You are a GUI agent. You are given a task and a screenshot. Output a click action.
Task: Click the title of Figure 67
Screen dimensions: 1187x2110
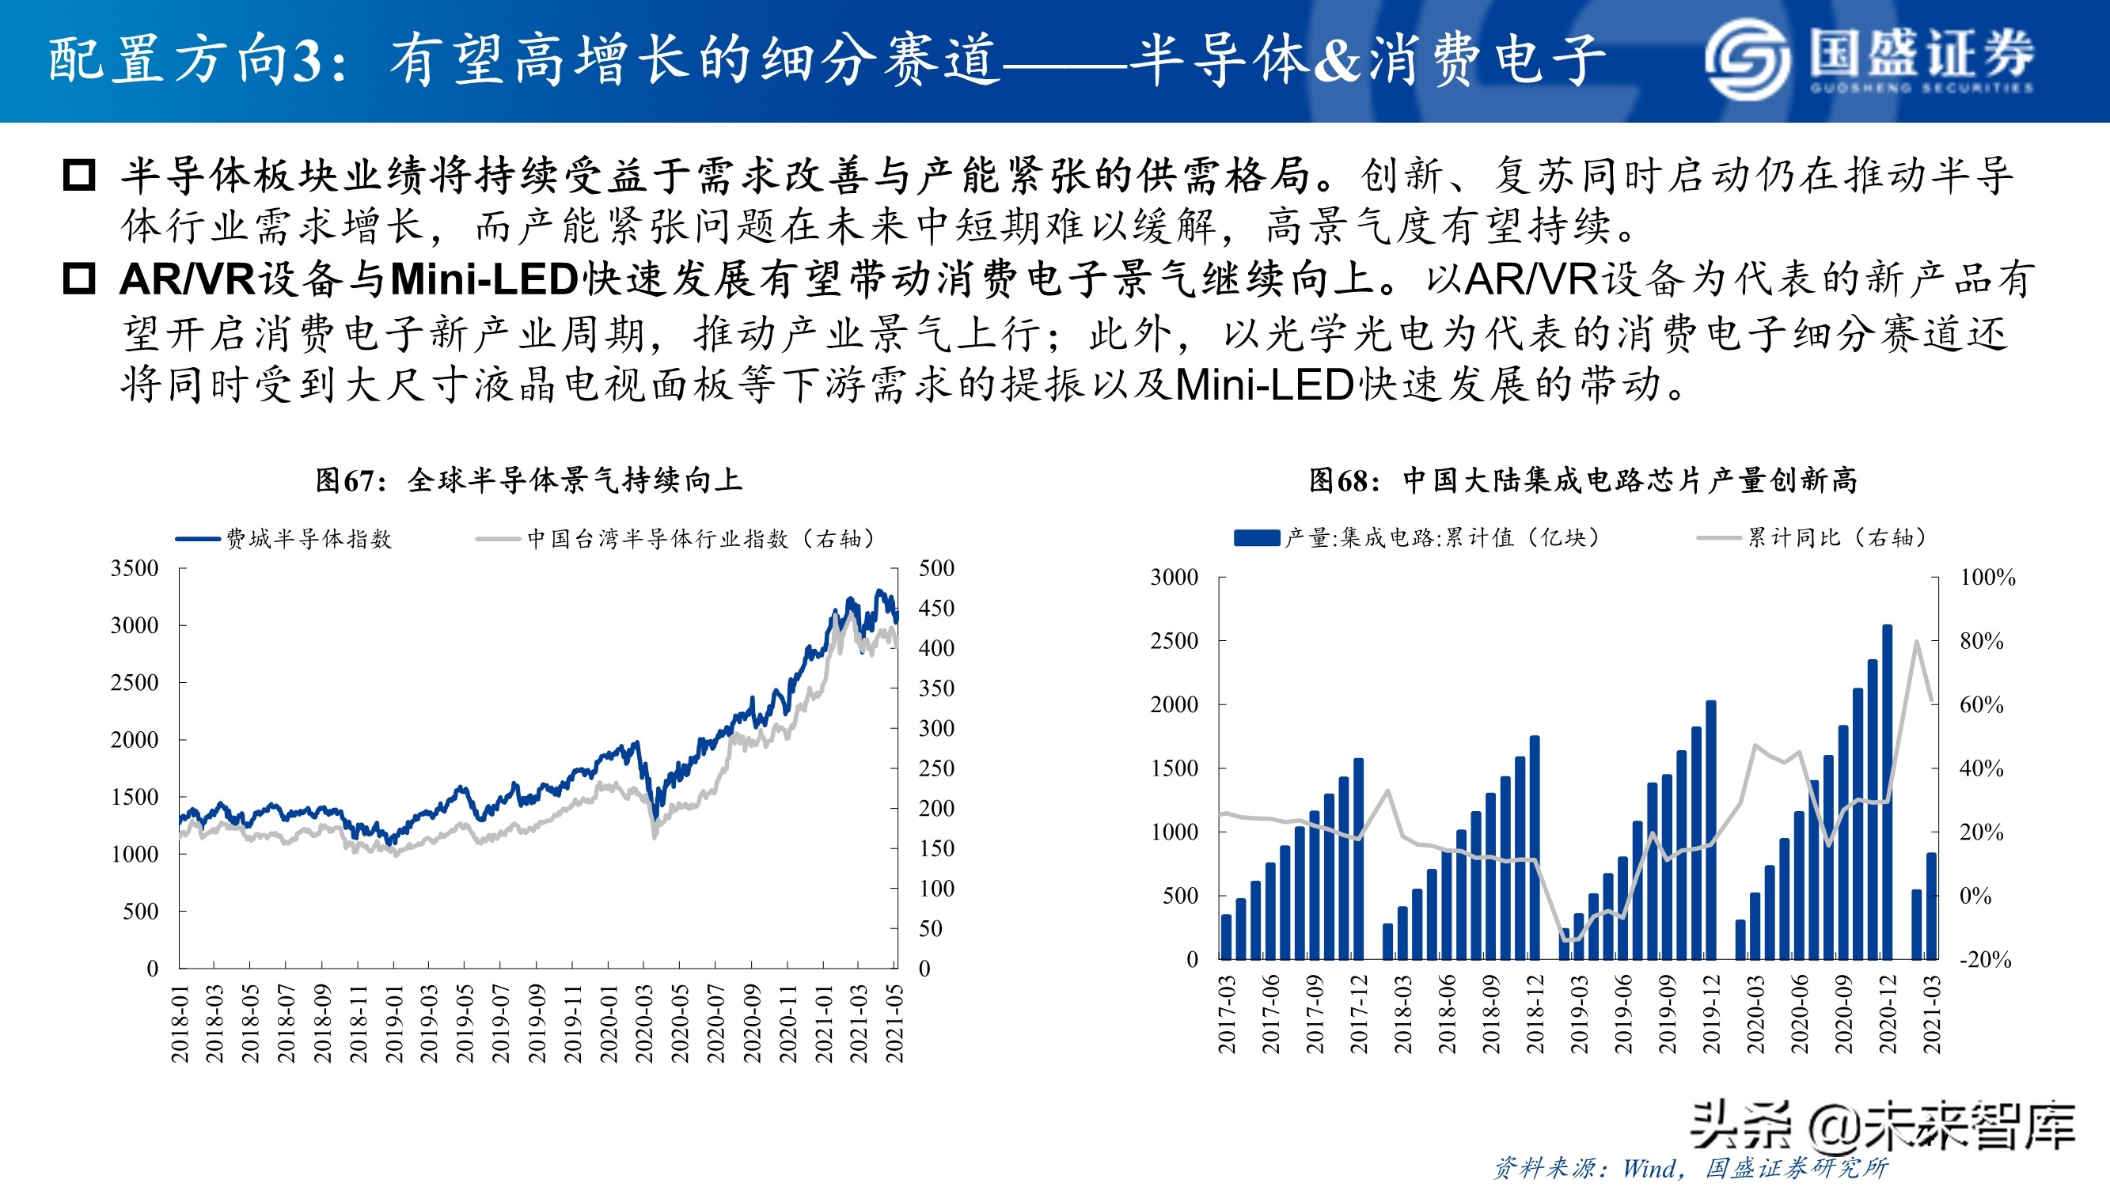click(x=529, y=480)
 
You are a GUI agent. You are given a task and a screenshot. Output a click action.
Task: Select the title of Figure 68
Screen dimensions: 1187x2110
click(x=1583, y=480)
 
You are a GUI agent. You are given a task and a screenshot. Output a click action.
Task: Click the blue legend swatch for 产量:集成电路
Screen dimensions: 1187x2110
click(x=1257, y=538)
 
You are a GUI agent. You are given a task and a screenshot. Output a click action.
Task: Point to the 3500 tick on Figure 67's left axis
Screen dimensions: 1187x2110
click(x=135, y=568)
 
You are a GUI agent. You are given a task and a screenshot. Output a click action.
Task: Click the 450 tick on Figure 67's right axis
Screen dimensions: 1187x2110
click(x=936, y=609)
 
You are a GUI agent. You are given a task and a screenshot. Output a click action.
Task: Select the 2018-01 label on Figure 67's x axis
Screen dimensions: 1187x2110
click(x=180, y=1024)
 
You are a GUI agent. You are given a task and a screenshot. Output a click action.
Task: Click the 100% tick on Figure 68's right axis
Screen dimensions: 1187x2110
click(x=1988, y=578)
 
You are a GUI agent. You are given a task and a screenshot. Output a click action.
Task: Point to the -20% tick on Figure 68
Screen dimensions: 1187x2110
click(x=1986, y=959)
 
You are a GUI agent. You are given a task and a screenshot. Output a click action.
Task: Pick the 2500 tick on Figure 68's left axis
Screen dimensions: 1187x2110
click(x=1174, y=641)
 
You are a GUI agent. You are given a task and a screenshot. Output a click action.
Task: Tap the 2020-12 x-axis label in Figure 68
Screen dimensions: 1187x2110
click(x=1887, y=1014)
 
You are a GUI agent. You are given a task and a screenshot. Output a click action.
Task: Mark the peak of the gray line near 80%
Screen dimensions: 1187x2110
click(x=1917, y=642)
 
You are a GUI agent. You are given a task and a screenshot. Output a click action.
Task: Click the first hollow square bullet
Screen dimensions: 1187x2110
click(x=79, y=176)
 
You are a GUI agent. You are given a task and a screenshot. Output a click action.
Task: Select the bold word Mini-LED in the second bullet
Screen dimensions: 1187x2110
click(x=485, y=280)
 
